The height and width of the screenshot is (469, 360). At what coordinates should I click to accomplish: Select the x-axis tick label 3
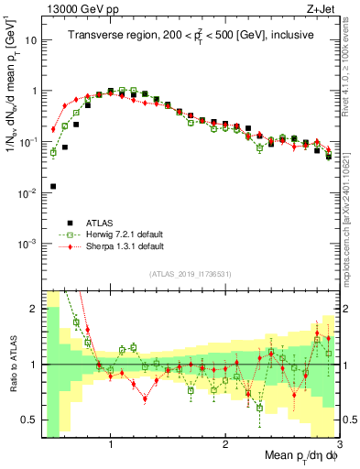pyautogui.click(x=339, y=443)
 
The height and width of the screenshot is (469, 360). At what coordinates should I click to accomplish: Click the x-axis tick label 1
pyautogui.click(x=110, y=443)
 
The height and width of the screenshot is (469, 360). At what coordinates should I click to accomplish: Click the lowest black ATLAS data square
pyautogui.click(x=53, y=186)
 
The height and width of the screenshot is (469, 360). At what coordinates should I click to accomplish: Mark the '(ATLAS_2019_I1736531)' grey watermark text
pyautogui.click(x=191, y=274)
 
